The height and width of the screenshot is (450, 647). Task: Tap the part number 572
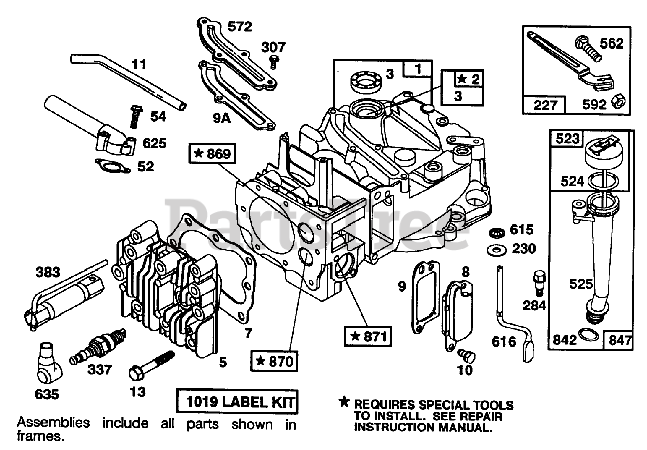coord(240,26)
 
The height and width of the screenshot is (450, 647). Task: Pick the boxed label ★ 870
coord(274,361)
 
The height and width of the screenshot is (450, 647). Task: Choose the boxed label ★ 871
coord(367,334)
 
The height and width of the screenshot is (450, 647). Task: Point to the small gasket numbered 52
coord(112,165)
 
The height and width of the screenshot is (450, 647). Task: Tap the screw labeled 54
coord(135,116)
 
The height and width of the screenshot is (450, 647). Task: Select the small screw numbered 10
coord(465,354)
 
